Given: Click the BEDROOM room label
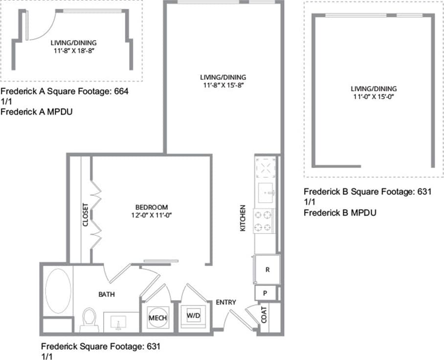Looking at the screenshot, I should click(x=152, y=207).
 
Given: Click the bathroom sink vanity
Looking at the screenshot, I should click(x=118, y=323).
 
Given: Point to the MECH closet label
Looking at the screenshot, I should click(x=157, y=318).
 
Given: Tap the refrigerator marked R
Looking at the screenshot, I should click(x=267, y=270).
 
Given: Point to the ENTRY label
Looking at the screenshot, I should click(x=226, y=302).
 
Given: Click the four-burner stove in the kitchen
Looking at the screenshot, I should click(x=264, y=220).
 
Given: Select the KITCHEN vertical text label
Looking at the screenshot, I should click(x=243, y=218).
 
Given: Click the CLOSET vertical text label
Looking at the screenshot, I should click(x=85, y=215).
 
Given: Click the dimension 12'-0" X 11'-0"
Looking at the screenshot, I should click(x=152, y=215).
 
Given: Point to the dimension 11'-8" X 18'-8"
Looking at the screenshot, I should click(x=74, y=50).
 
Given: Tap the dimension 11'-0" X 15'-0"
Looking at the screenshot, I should click(x=374, y=97).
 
